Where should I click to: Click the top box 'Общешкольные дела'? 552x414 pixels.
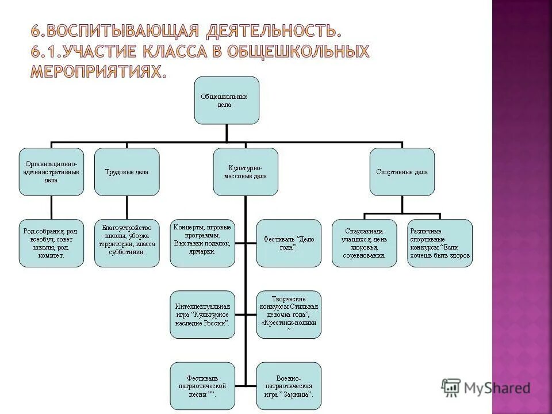[x=227, y=101]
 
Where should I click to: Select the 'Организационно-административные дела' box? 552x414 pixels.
[x=51, y=171]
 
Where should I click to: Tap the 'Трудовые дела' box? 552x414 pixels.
[x=126, y=171]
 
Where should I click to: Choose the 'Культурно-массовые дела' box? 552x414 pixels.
[x=245, y=171]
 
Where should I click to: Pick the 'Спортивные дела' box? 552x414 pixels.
[x=402, y=171]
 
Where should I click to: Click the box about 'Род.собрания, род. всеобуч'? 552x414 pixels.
[x=51, y=243]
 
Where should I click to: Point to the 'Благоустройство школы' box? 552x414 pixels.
[x=126, y=243]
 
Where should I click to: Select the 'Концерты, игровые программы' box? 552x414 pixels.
[x=202, y=243]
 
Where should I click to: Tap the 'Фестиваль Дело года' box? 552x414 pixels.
[x=289, y=243]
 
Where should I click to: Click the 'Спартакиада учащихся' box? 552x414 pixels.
[x=364, y=243]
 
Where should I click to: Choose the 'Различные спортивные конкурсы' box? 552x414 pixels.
[x=440, y=243]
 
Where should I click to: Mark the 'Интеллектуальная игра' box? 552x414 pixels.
[x=202, y=315]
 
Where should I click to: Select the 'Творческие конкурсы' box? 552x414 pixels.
[x=289, y=315]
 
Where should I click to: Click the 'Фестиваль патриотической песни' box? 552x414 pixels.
[x=202, y=386]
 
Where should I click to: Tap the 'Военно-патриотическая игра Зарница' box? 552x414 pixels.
[x=289, y=386]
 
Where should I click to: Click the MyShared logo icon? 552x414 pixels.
[x=452, y=388]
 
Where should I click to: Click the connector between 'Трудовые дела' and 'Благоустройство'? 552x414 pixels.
[x=126, y=208]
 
